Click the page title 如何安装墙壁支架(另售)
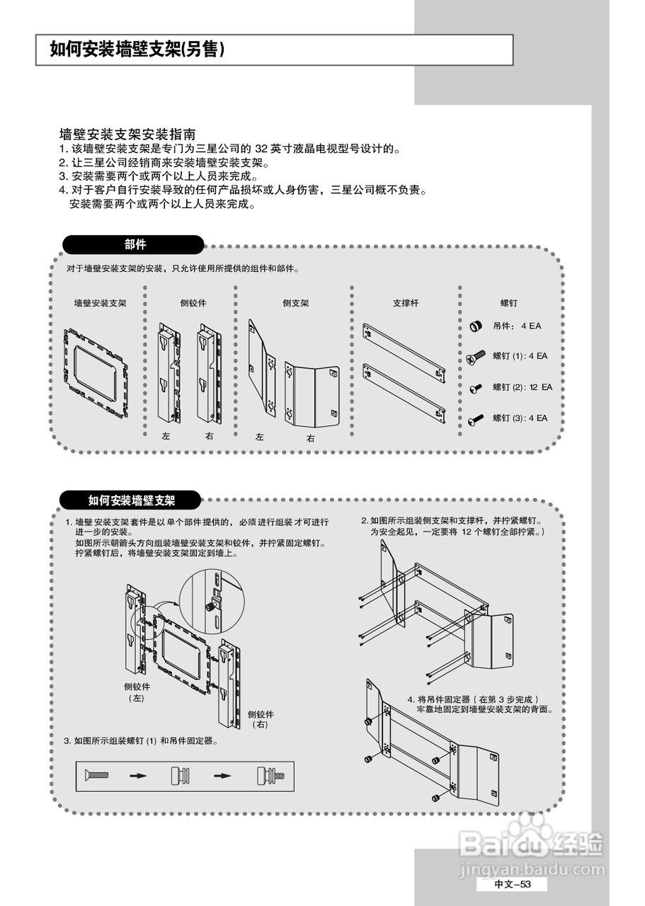point(137,49)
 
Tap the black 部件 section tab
point(135,245)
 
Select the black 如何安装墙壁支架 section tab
point(132,500)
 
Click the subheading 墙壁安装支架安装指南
point(128,134)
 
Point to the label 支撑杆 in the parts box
point(406,303)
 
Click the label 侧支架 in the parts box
point(295,303)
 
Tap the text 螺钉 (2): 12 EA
point(523,387)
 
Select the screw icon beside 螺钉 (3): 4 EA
point(476,419)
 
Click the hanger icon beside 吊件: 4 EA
point(476,326)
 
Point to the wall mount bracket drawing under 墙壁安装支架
point(97,372)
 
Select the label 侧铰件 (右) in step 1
point(261,719)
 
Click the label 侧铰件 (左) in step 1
point(137,692)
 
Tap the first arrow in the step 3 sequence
point(137,776)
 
